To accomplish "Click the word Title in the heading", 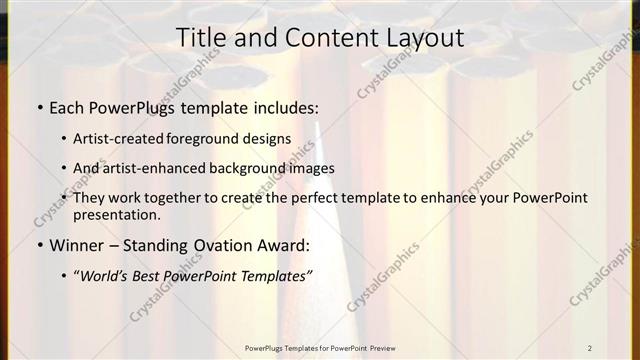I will tap(200, 37).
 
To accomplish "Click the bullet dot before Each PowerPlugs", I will tap(37, 106).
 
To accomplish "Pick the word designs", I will tap(269, 138).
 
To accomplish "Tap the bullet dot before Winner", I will tap(37, 245).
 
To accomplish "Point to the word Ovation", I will tap(220, 245).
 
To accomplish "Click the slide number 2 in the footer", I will tap(590, 348).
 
